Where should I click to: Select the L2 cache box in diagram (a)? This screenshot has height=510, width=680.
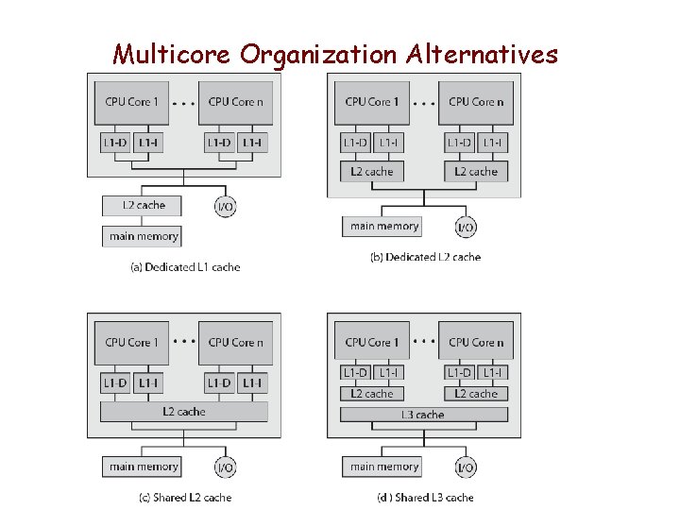[x=144, y=205]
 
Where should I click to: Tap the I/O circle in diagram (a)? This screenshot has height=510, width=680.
[x=225, y=207]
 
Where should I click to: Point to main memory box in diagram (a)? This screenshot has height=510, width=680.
[x=142, y=235]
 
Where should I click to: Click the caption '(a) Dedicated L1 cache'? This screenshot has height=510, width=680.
[x=185, y=267]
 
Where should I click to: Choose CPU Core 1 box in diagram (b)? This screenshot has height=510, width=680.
[x=372, y=102]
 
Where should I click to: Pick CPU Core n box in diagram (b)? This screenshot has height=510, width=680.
[x=476, y=102]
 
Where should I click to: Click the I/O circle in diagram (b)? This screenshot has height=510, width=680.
[x=466, y=228]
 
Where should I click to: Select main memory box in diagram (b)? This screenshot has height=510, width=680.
[x=383, y=226]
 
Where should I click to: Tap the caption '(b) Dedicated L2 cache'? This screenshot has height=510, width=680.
[x=425, y=257]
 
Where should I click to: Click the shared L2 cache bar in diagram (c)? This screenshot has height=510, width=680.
[x=184, y=412]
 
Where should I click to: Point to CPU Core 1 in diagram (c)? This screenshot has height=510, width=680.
[x=131, y=343]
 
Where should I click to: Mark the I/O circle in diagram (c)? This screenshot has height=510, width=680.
[x=226, y=467]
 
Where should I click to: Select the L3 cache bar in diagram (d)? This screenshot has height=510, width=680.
[x=423, y=415]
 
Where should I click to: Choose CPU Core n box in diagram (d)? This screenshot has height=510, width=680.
[x=476, y=343]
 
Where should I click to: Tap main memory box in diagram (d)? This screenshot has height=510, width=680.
[x=383, y=467]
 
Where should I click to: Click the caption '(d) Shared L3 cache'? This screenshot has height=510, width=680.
[x=426, y=498]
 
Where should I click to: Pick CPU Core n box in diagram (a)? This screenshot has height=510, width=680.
[x=235, y=102]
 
